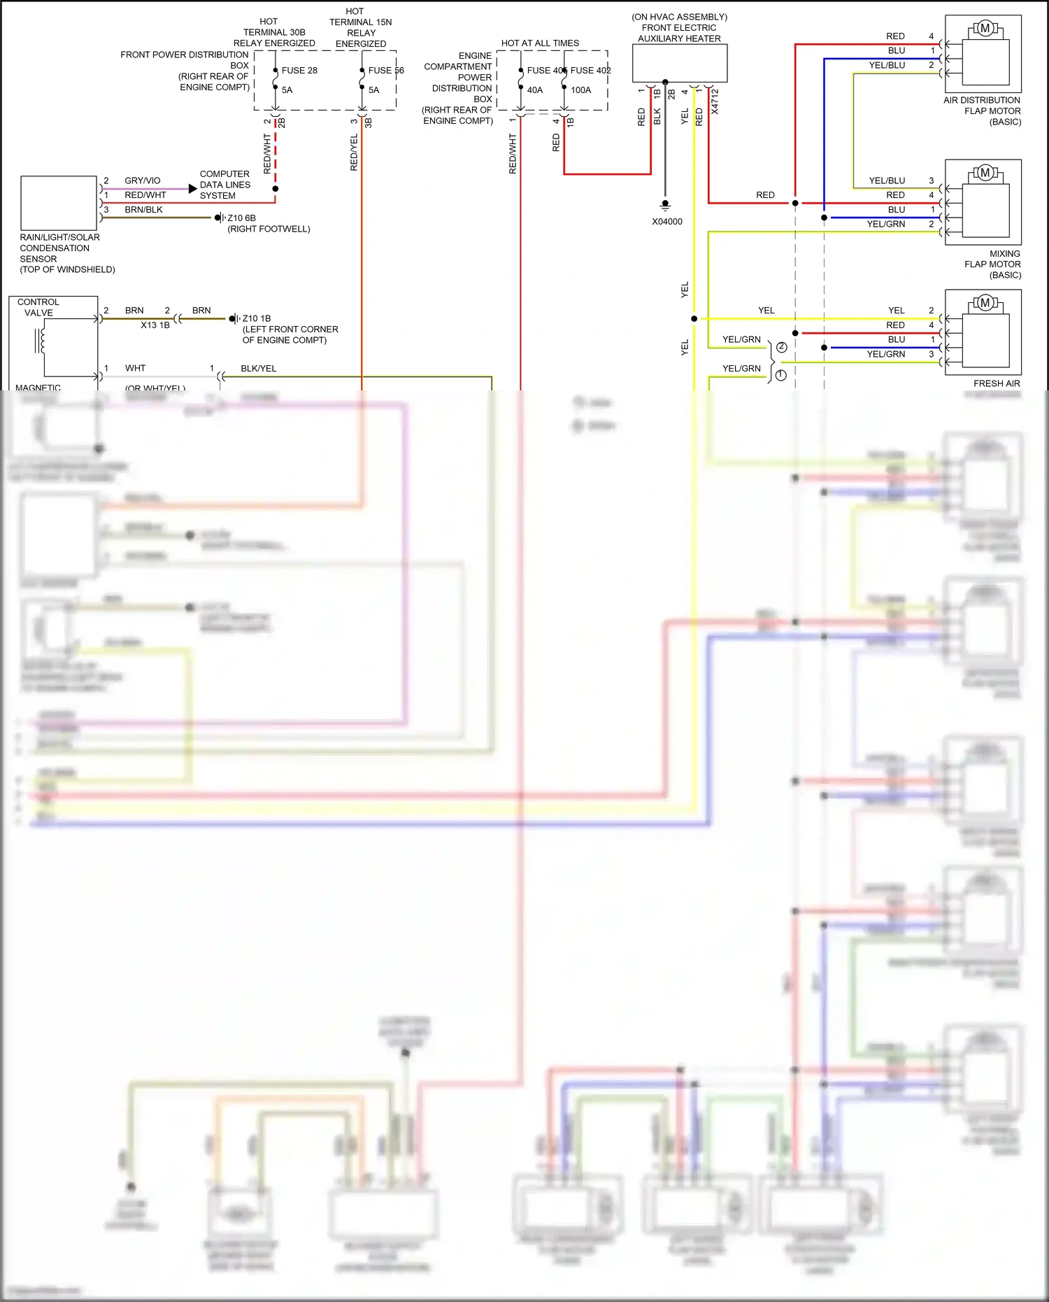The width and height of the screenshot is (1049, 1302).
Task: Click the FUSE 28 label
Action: [x=299, y=71]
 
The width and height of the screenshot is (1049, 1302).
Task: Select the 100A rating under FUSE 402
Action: [x=580, y=90]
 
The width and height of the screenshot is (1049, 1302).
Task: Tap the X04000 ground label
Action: [x=667, y=222]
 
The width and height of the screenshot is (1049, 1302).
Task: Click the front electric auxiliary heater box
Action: [x=680, y=63]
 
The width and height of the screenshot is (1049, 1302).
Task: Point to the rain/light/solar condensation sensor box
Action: [x=59, y=204]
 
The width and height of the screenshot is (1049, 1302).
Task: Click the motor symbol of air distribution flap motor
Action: [x=985, y=29]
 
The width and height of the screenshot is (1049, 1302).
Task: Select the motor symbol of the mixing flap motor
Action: [x=985, y=173]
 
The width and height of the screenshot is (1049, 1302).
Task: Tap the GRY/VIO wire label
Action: [x=143, y=181]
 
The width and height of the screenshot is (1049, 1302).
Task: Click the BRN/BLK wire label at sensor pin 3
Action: [x=143, y=210]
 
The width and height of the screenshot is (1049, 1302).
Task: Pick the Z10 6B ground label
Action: [x=241, y=218]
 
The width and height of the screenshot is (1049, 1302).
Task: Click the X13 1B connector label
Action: [x=155, y=325]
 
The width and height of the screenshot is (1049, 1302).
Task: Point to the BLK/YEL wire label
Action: [x=258, y=369]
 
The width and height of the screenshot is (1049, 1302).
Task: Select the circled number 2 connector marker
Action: [x=781, y=347]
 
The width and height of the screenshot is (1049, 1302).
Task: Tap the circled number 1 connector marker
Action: [x=780, y=376]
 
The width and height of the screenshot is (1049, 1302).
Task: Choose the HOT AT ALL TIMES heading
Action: [x=540, y=43]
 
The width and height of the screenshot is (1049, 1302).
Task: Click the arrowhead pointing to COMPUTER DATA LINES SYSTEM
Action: [x=193, y=189]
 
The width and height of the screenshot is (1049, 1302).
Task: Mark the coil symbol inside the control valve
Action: [x=41, y=341]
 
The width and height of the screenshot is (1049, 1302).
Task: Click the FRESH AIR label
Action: [x=997, y=384]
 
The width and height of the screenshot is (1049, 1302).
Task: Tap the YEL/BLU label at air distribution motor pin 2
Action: [x=887, y=65]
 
